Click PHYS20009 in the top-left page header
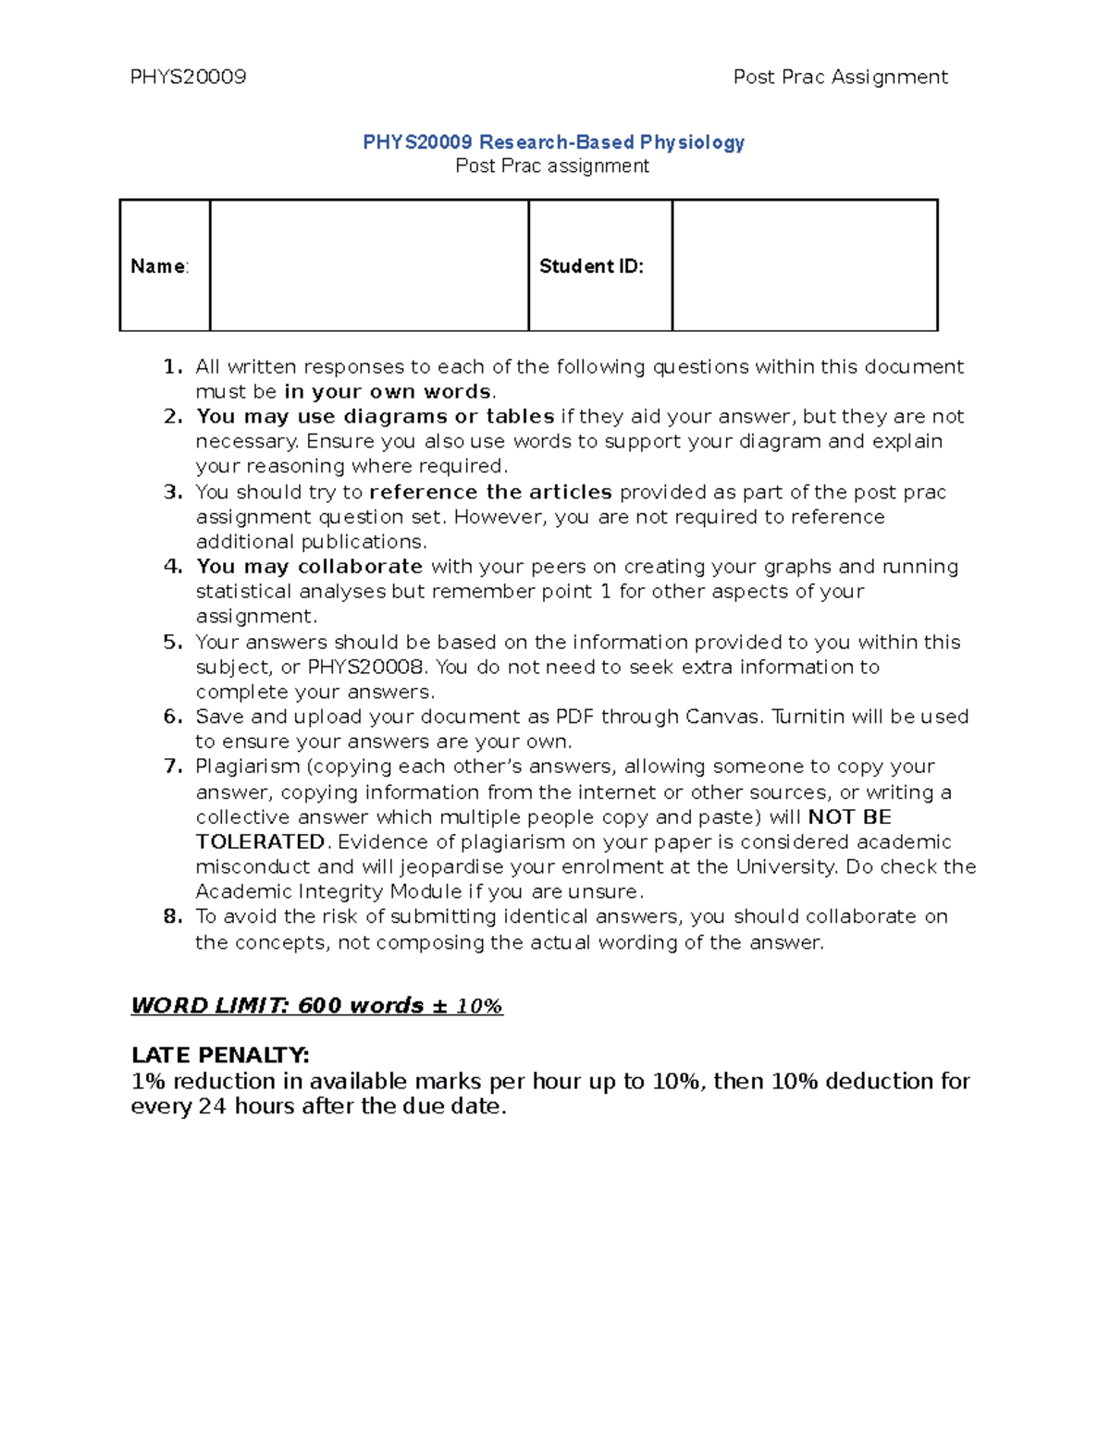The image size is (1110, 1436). [188, 77]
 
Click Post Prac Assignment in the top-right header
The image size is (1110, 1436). [840, 77]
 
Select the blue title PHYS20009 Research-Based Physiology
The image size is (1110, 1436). [553, 142]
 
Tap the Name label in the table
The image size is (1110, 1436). [159, 266]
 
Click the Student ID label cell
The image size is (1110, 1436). [591, 266]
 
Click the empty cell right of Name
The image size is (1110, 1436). [369, 265]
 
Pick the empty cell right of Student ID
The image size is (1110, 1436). [805, 265]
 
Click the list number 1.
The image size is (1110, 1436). [172, 367]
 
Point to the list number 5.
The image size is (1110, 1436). [172, 643]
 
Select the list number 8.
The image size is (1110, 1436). [172, 917]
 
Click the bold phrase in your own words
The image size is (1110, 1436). [388, 392]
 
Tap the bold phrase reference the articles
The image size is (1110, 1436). [490, 492]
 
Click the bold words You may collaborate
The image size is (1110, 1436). [309, 567]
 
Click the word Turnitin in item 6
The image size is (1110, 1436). [808, 718]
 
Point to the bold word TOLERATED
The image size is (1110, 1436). [260, 842]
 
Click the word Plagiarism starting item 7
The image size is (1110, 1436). [247, 767]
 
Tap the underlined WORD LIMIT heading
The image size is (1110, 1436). [316, 1006]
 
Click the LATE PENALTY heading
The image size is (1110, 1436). [220, 1055]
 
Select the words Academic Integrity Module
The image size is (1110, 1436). [328, 892]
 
